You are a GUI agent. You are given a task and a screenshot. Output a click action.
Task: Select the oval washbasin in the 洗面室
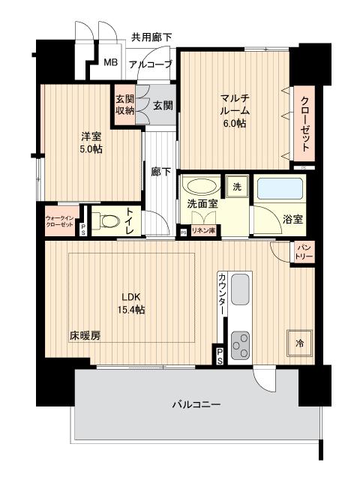pyautogui.click(x=200, y=187)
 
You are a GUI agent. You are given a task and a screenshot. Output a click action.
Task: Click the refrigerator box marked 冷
pyautogui.click(x=299, y=342)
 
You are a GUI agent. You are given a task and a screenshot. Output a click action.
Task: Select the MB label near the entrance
pyautogui.click(x=109, y=63)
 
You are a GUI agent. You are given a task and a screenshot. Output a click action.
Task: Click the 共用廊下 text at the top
pyautogui.click(x=151, y=36)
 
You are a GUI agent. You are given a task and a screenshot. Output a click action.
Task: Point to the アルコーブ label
pyautogui.click(x=151, y=64)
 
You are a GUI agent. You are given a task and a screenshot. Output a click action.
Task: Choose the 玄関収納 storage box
pyautogui.click(x=124, y=105)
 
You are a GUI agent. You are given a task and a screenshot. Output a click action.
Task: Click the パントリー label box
pyautogui.click(x=304, y=251)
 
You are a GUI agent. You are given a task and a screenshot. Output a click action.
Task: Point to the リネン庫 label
pyautogui.click(x=202, y=231)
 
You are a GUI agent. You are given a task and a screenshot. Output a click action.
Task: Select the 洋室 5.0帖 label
pyautogui.click(x=91, y=142)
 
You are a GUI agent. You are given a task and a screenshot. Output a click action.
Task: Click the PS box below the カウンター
pyautogui.click(x=220, y=355)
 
